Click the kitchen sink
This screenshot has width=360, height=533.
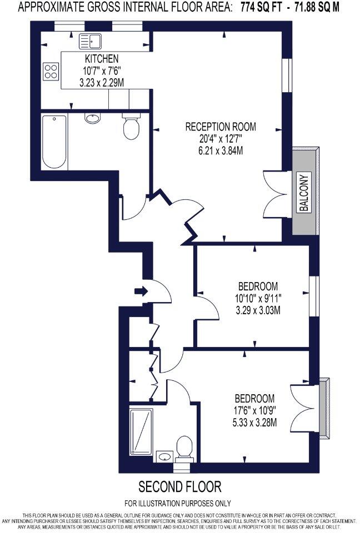coord(89,41)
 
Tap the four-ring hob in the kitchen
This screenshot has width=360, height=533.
coord(51,71)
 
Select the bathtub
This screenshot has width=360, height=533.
coord(54,142)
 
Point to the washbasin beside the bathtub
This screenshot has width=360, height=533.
coord(92,118)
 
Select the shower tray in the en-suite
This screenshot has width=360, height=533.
coord(142,431)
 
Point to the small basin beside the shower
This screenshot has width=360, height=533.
coord(164,457)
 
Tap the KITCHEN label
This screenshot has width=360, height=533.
coord(101,59)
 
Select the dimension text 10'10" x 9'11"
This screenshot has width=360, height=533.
coord(258,298)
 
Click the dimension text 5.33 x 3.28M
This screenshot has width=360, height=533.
coord(256,422)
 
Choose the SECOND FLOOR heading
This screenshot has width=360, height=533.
coord(179,487)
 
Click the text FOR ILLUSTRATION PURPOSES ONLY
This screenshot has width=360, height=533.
coord(177,504)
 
